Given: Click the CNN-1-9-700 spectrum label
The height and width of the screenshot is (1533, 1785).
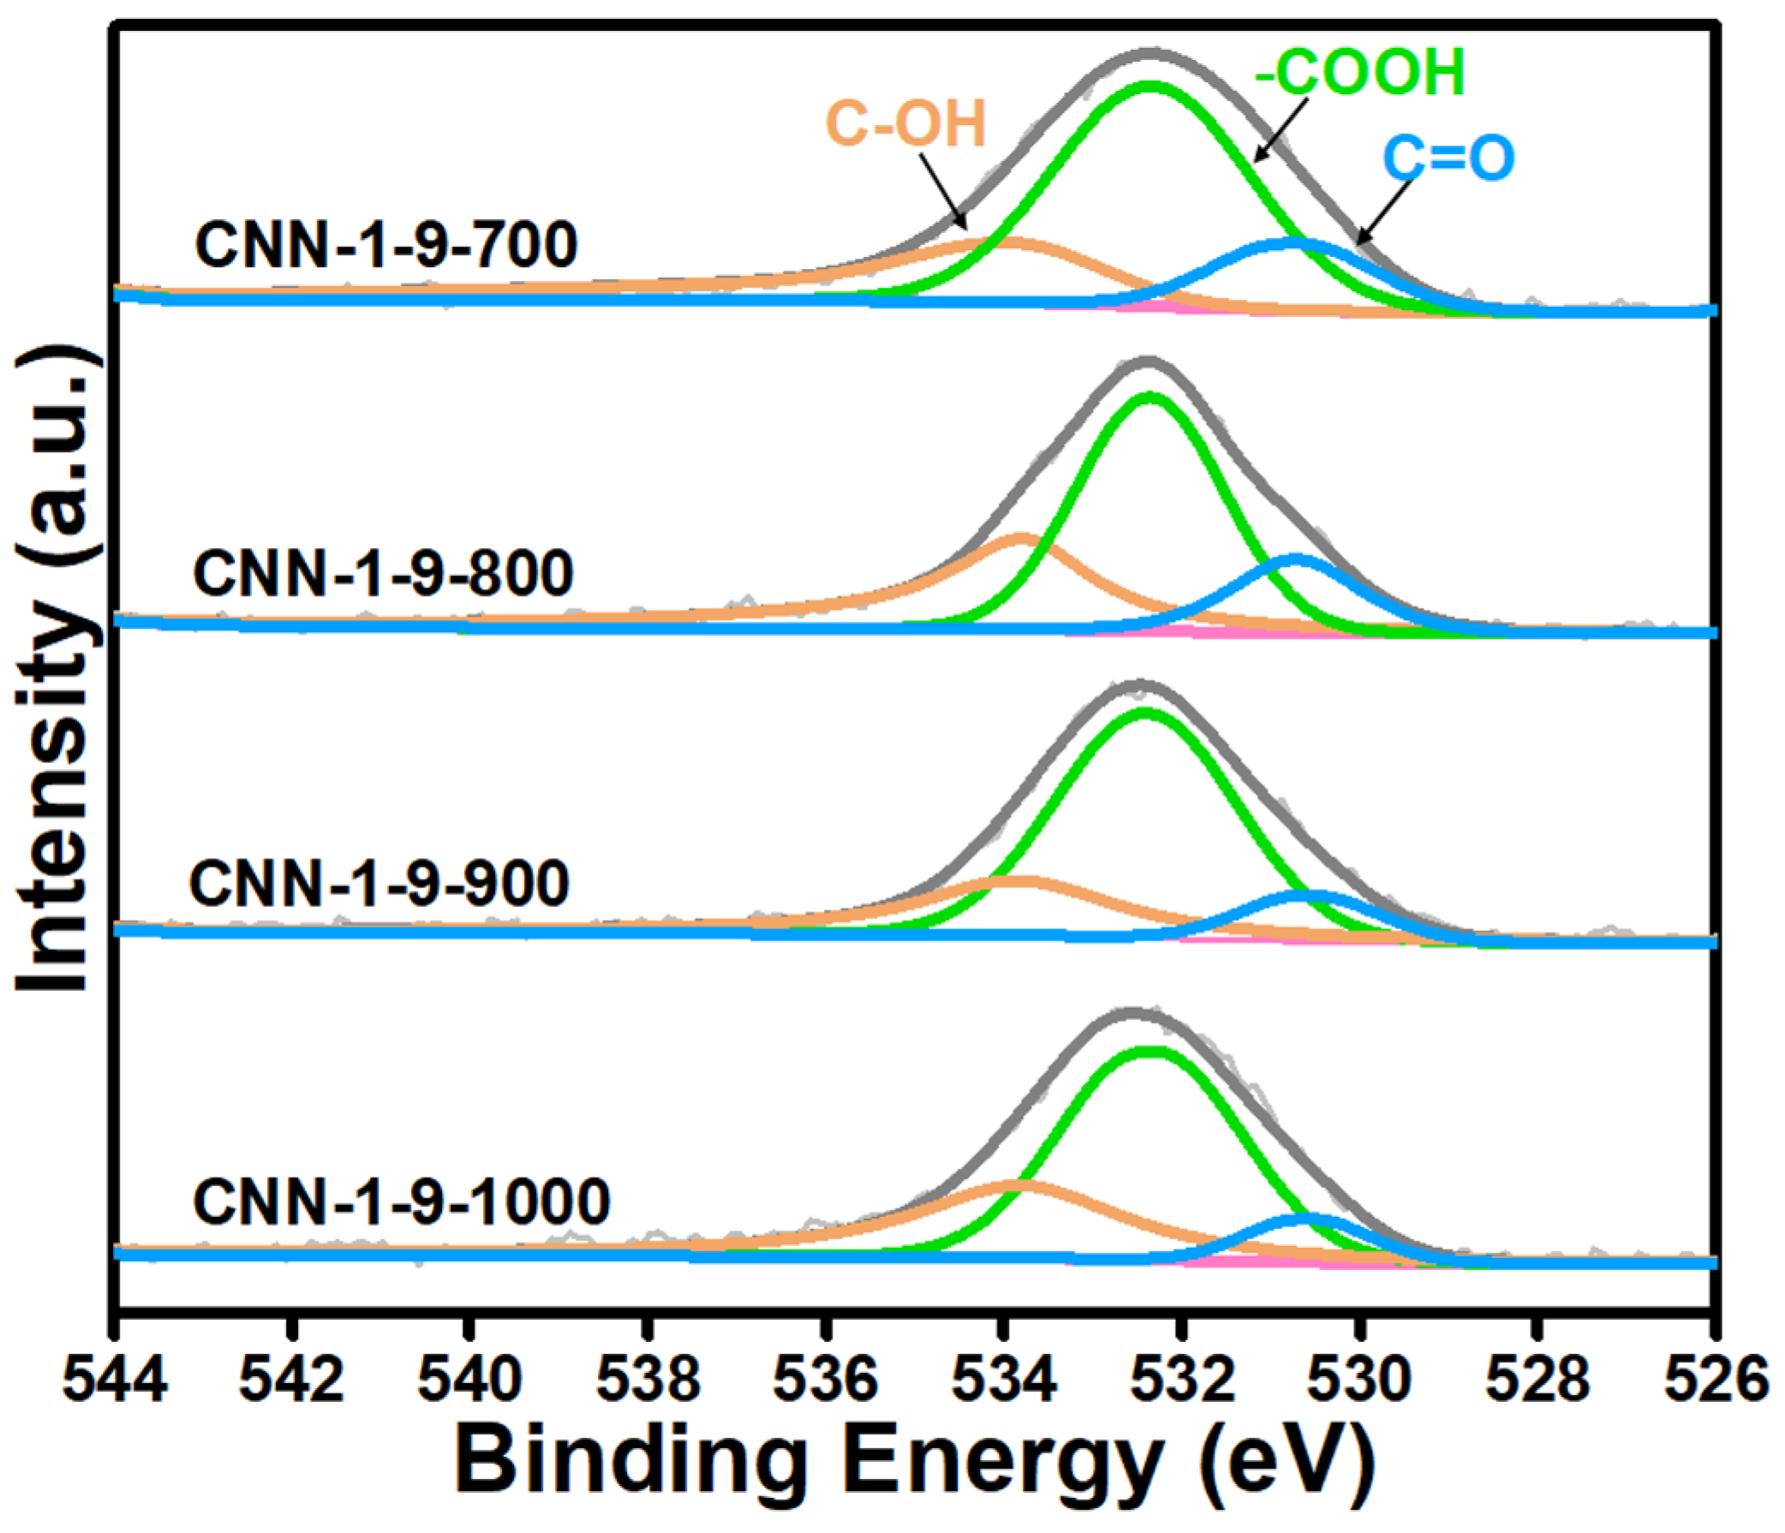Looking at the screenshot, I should point(386,246).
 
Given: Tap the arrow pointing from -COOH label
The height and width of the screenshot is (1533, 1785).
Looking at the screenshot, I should point(1281,130).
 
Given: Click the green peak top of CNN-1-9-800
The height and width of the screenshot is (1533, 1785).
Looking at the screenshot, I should point(1149,397).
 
